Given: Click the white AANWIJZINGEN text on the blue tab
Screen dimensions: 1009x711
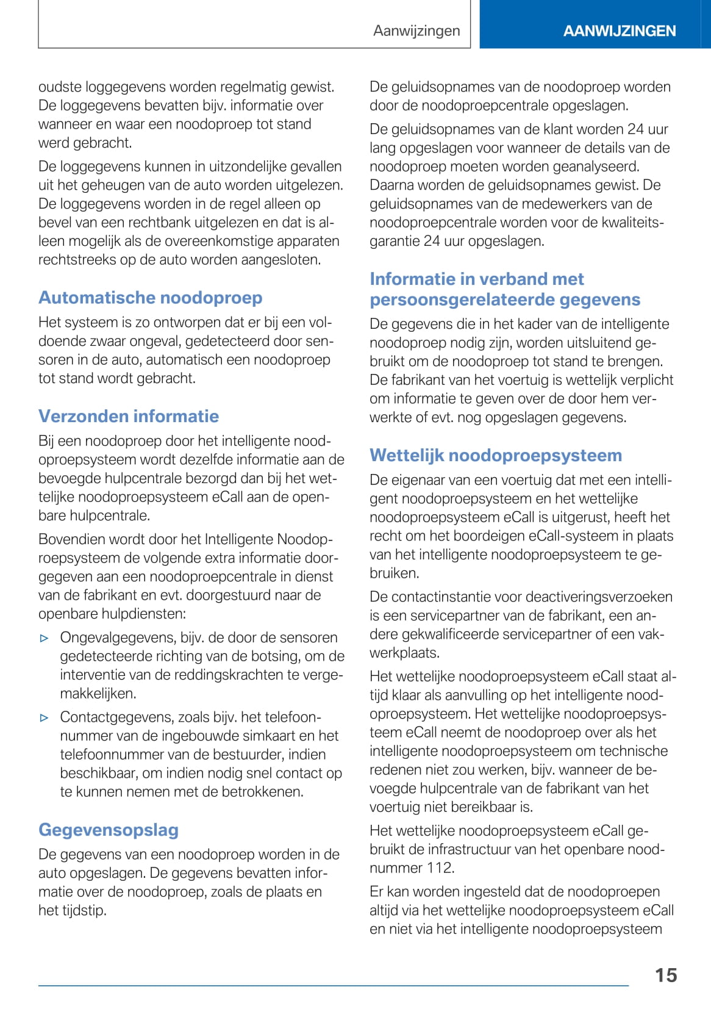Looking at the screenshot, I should [x=619, y=31].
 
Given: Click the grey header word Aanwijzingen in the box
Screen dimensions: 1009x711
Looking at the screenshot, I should [x=416, y=31].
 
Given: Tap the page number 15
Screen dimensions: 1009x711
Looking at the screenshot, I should [x=666, y=975].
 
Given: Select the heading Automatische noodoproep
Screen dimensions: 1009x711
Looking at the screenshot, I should [x=151, y=298].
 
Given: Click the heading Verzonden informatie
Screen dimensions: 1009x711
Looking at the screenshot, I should [x=129, y=416].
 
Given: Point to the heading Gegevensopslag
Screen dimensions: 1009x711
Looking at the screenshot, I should [x=109, y=830].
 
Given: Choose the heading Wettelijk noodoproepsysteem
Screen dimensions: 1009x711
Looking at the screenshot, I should [x=496, y=455].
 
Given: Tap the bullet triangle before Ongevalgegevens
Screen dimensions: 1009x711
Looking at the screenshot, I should [x=44, y=638].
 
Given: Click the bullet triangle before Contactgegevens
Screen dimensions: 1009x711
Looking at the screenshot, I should [x=44, y=718].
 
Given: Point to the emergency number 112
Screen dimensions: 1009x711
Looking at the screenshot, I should [x=438, y=868].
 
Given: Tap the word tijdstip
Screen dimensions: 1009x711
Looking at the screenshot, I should [x=80, y=911].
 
